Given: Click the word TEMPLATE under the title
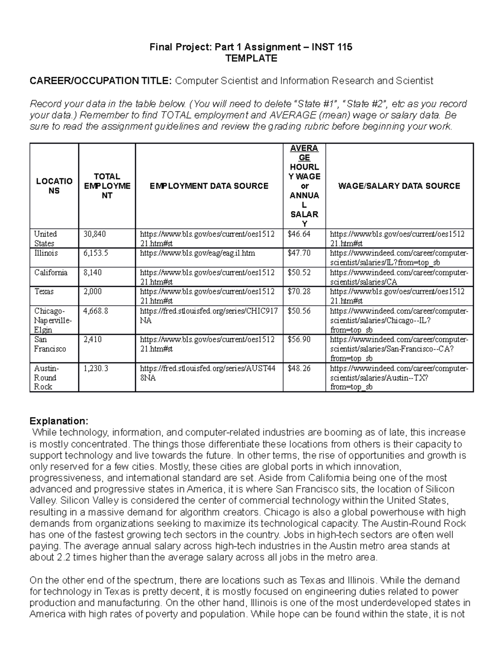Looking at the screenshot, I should (251, 58).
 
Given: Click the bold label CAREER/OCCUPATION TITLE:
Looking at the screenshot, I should (101, 81).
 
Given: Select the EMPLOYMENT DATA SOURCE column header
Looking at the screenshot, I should (209, 186).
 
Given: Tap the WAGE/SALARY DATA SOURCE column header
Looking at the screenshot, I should (399, 186).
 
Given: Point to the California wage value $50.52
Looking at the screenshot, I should (299, 272).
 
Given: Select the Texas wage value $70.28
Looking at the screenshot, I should (299, 292).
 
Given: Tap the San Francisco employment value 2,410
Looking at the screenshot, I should (93, 340).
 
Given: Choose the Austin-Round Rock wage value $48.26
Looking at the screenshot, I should (299, 368).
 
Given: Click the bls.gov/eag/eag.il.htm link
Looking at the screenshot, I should (197, 254).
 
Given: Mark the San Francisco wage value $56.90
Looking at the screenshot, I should (299, 340).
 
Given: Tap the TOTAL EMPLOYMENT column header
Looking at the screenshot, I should (107, 186).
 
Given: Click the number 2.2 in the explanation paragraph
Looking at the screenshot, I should (62, 558).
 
